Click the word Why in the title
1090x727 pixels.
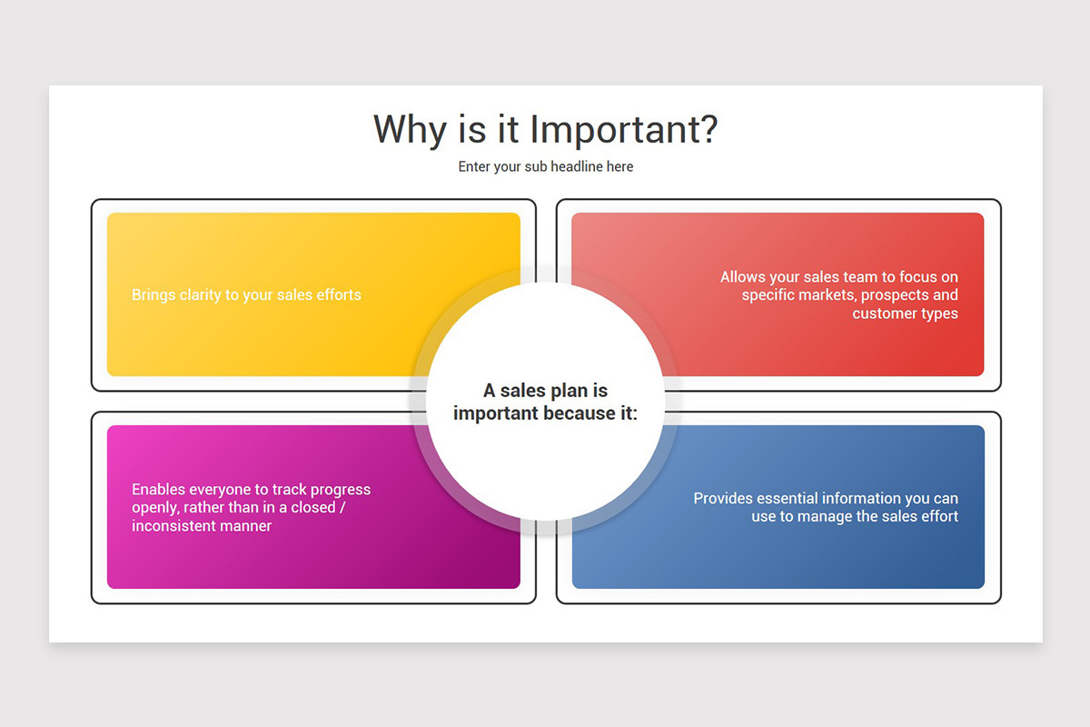coord(411,131)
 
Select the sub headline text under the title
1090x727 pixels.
coord(546,166)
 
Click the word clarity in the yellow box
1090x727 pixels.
coord(200,295)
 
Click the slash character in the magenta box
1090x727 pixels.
coord(342,507)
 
